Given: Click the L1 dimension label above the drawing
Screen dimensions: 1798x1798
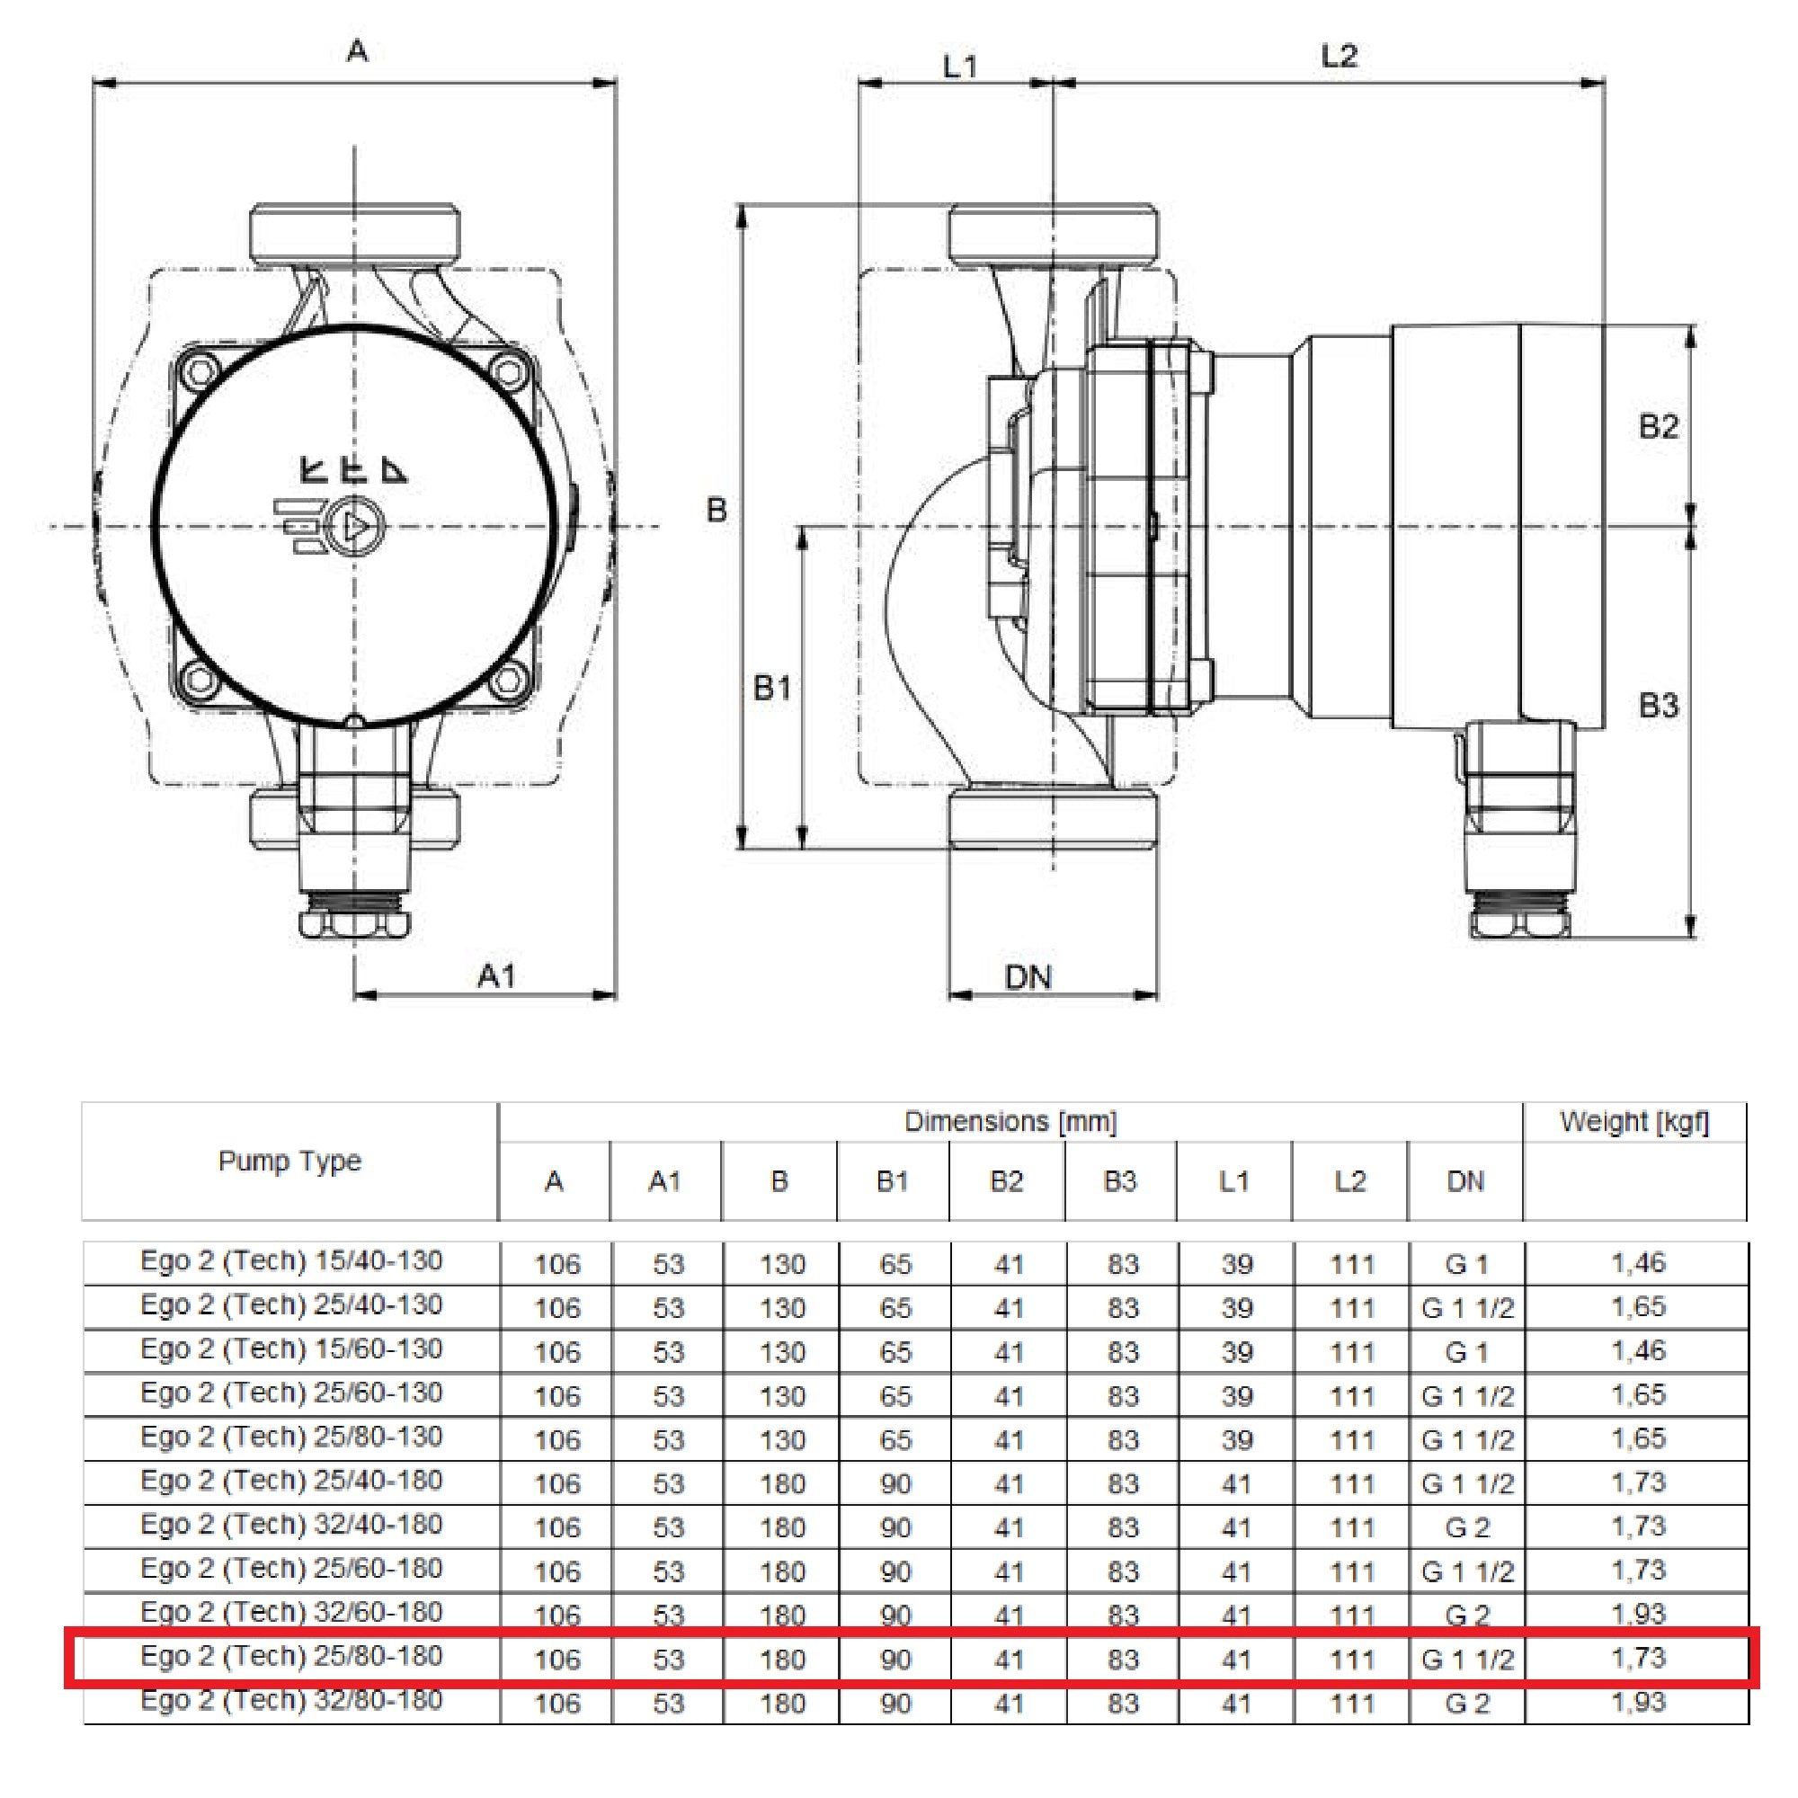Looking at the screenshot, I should [959, 67].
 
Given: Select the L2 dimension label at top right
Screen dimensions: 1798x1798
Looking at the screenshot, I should [1340, 57].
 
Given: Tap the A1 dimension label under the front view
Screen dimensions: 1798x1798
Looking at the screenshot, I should [496, 976].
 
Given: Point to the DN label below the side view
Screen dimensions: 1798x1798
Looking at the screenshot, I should [1028, 977].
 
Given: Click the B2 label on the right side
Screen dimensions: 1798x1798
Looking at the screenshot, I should [1659, 427].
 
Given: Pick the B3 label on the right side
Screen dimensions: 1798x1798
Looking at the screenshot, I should [1659, 706].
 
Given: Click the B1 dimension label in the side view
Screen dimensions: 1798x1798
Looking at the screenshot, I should [772, 689].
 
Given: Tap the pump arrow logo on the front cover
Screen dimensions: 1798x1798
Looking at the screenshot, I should [354, 528].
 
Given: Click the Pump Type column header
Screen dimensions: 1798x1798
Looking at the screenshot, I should [289, 1162].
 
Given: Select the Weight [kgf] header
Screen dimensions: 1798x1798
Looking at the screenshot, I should [1634, 1122].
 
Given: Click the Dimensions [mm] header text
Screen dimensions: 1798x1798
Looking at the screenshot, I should [1010, 1122].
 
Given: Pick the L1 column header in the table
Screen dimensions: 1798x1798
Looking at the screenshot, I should [1234, 1182].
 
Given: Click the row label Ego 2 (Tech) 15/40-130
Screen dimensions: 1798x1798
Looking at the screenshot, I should [291, 1261].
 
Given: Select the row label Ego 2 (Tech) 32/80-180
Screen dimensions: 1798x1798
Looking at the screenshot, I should [291, 1700].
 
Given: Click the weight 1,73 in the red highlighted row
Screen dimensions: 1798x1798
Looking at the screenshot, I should [1637, 1658].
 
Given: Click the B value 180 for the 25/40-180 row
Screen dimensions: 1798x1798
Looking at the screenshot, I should [782, 1483].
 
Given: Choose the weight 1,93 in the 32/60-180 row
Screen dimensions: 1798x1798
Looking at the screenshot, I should [1637, 1614].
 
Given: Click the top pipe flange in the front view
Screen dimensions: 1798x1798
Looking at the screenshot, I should [354, 233].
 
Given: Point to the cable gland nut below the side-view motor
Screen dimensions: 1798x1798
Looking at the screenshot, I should [1519, 923].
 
